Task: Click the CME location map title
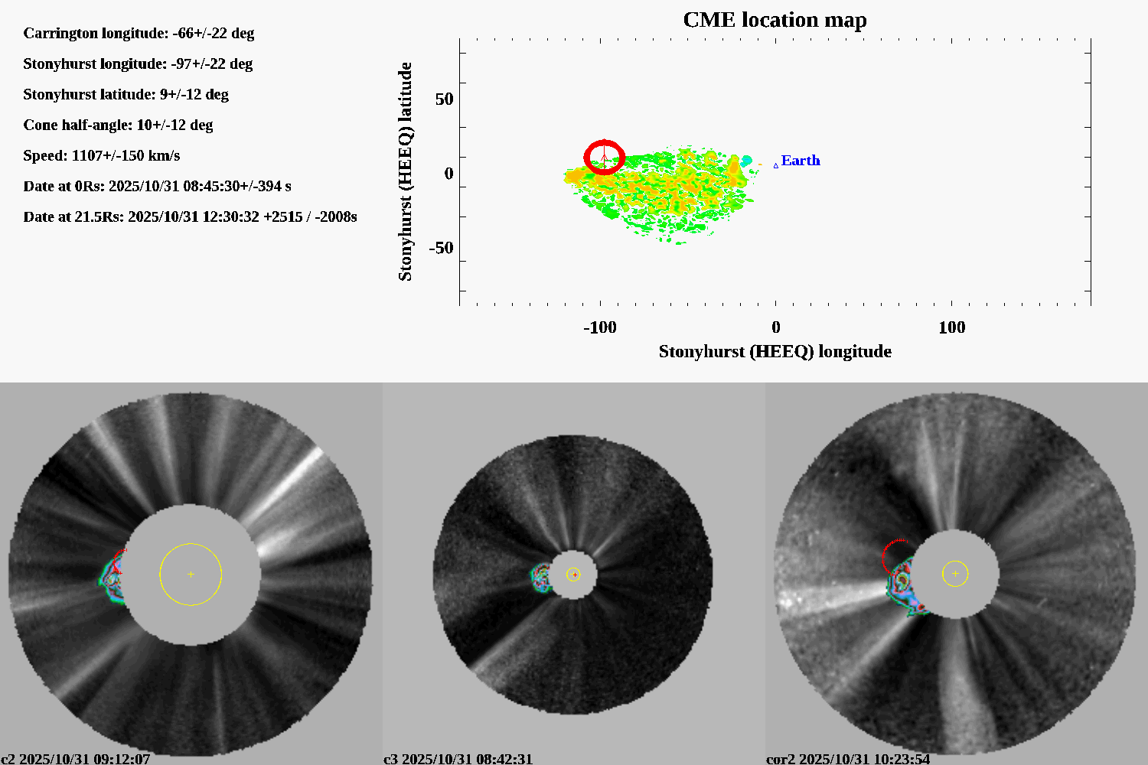coord(775,20)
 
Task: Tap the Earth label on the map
coord(800,161)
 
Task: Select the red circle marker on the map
coord(605,158)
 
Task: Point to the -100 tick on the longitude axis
coord(600,327)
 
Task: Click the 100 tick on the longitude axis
coord(951,327)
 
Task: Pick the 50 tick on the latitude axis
coord(444,99)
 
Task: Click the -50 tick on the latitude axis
coord(441,248)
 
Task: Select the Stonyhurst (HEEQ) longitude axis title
coord(775,352)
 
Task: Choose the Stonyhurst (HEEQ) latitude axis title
coord(405,171)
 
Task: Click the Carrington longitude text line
coord(139,34)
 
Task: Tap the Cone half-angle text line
coord(118,125)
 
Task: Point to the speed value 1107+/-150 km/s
coord(126,156)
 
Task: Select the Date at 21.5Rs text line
coord(190,217)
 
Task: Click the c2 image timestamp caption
coord(76,759)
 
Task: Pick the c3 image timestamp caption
coord(458,759)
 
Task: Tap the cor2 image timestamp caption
coord(848,759)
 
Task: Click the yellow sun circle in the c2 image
coord(191,574)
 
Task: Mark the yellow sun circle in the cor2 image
coord(955,573)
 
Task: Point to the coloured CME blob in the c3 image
coord(541,578)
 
